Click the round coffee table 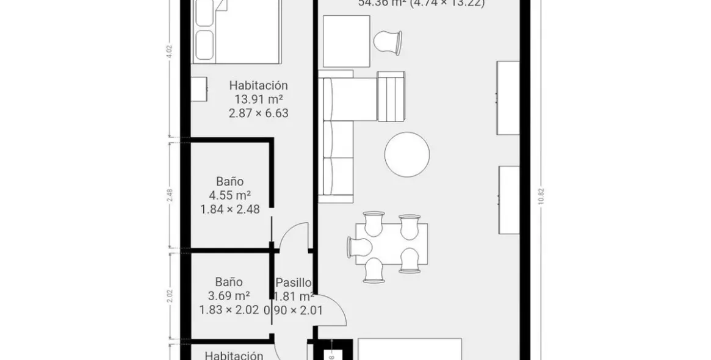[x=407, y=153]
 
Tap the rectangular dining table [x=392, y=243]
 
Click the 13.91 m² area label [x=258, y=99]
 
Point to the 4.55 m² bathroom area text [x=230, y=195]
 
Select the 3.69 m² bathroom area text [x=229, y=296]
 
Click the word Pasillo [x=294, y=283]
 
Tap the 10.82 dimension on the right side [x=540, y=198]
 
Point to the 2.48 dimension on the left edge [x=170, y=195]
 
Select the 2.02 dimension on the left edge [x=170, y=295]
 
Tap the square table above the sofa [x=346, y=41]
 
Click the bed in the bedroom [x=237, y=31]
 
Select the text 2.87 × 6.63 [x=258, y=113]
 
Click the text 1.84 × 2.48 [x=230, y=209]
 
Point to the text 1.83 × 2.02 [x=229, y=310]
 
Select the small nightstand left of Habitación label [x=198, y=90]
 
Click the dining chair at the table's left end [x=359, y=247]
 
